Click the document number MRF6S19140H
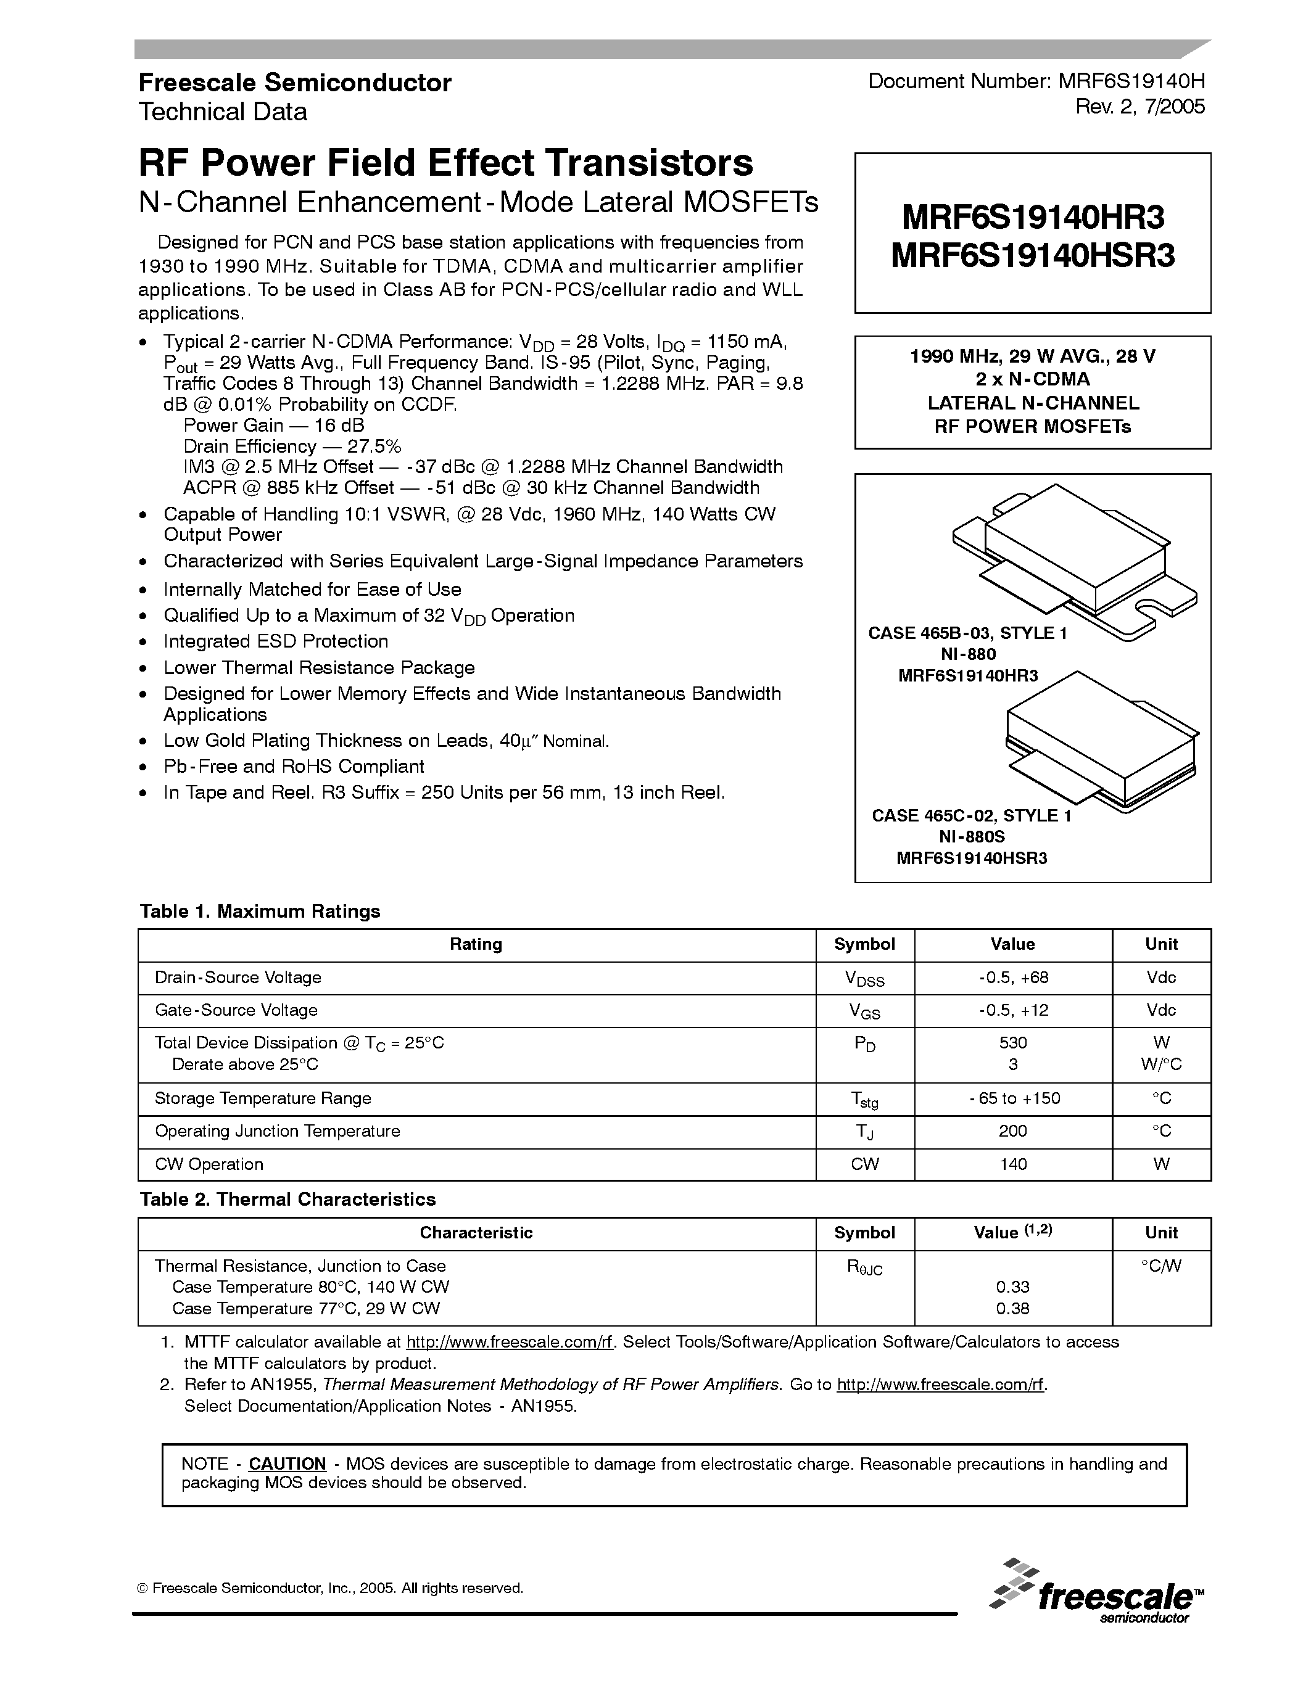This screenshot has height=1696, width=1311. click(x=1131, y=81)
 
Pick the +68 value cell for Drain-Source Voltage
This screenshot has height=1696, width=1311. click(x=1013, y=978)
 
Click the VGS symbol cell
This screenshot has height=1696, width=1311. click(x=864, y=1011)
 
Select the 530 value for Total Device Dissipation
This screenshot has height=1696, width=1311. click(x=1013, y=1043)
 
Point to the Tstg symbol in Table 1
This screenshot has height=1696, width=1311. click(x=864, y=1099)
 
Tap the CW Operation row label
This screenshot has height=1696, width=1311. click(x=209, y=1164)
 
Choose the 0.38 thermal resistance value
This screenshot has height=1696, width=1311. click(x=1013, y=1309)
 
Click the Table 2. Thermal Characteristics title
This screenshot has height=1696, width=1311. click(x=287, y=1199)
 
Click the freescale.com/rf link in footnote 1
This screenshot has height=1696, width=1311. click(x=510, y=1343)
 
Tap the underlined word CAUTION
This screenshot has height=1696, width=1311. click(x=287, y=1464)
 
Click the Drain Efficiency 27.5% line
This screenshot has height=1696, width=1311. click(x=292, y=447)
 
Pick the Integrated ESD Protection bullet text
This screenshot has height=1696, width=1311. click(x=276, y=641)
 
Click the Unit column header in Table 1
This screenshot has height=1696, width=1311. click(x=1161, y=944)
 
